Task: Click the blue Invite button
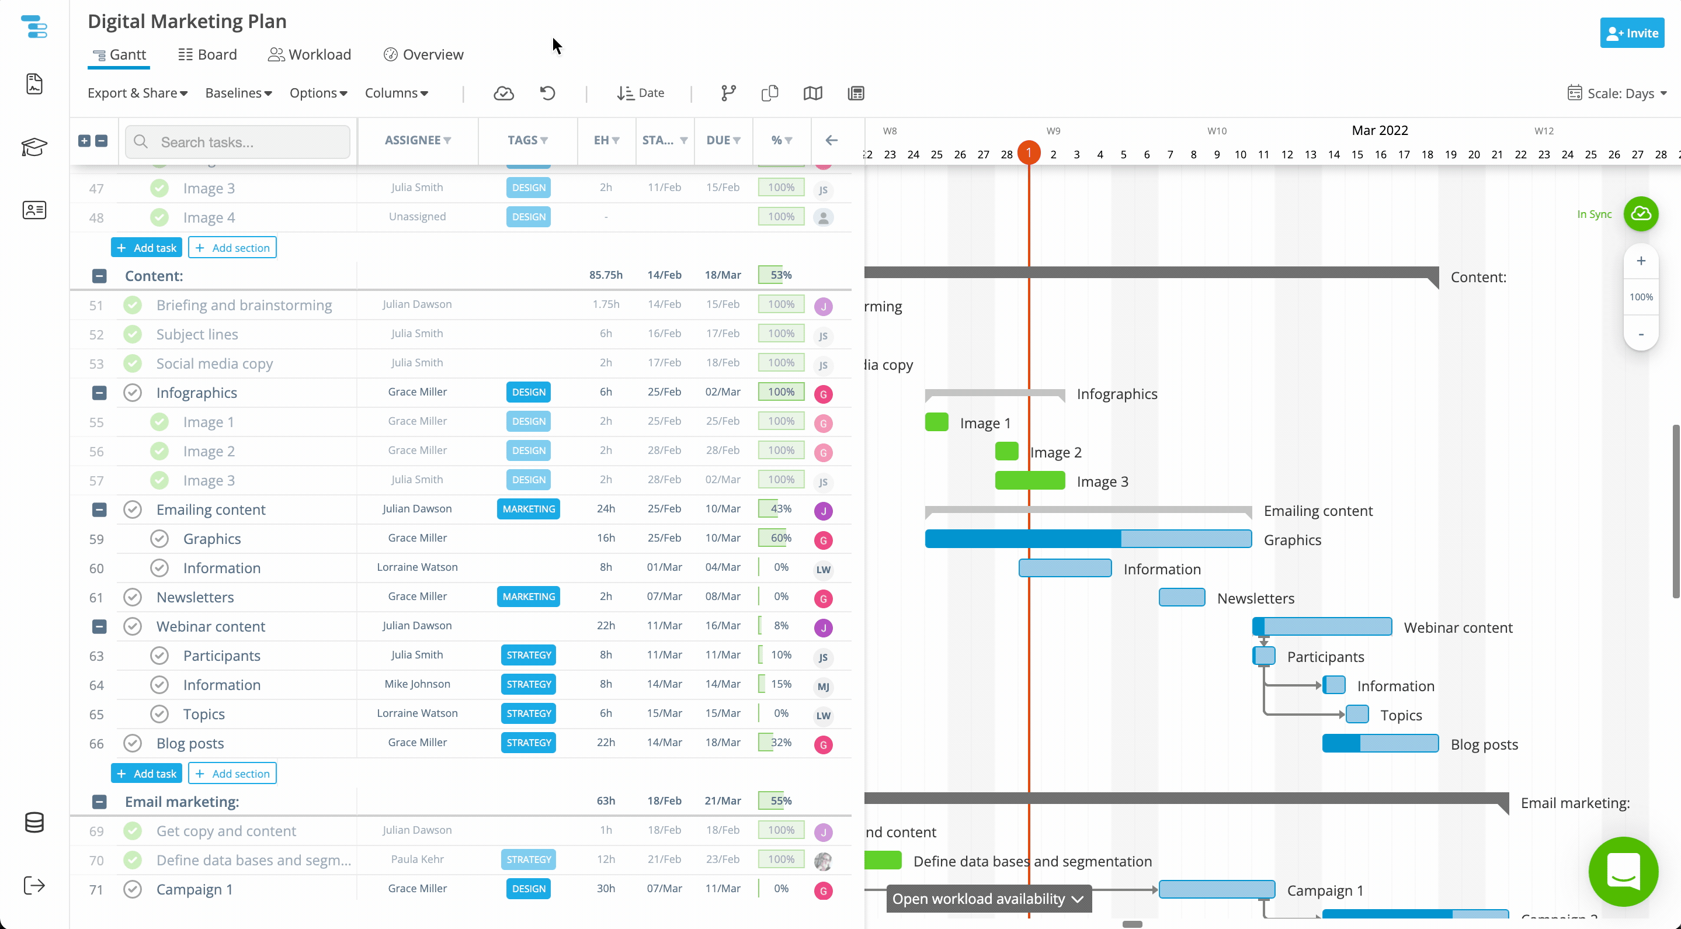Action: pos(1631,33)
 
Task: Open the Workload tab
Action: pos(310,54)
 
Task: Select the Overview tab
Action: pos(423,54)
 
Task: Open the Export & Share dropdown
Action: pos(138,93)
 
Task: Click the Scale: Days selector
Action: pos(1617,93)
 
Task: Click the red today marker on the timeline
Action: pos(1029,152)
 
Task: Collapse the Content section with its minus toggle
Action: pos(99,276)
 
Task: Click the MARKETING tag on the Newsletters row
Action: pos(529,596)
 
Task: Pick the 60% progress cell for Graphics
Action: pos(780,538)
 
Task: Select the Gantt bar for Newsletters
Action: pos(1182,597)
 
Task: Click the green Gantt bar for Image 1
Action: pos(936,422)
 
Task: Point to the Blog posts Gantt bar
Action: pos(1380,743)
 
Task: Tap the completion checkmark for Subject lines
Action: pos(133,334)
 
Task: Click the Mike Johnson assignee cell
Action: pos(417,684)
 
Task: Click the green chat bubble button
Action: pos(1623,871)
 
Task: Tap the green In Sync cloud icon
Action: pos(1641,213)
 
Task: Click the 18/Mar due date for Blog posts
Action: pos(723,742)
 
